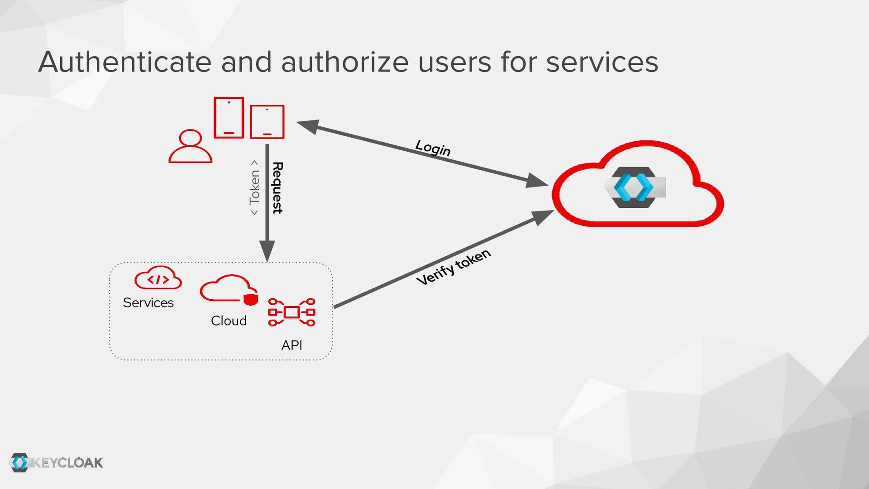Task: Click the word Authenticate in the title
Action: (125, 62)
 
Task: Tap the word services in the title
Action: (602, 62)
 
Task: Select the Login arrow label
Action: (433, 148)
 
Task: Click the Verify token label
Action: (454, 267)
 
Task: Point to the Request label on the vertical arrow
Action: (277, 187)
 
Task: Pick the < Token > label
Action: (254, 187)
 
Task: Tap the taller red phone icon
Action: (229, 117)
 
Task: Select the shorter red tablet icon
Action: (267, 121)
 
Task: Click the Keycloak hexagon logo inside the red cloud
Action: (634, 187)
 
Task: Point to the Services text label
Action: (148, 302)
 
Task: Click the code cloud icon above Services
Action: (158, 278)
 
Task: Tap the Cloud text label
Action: (229, 321)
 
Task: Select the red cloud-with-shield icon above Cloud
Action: (229, 289)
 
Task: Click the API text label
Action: (291, 345)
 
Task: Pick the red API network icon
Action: (291, 312)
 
